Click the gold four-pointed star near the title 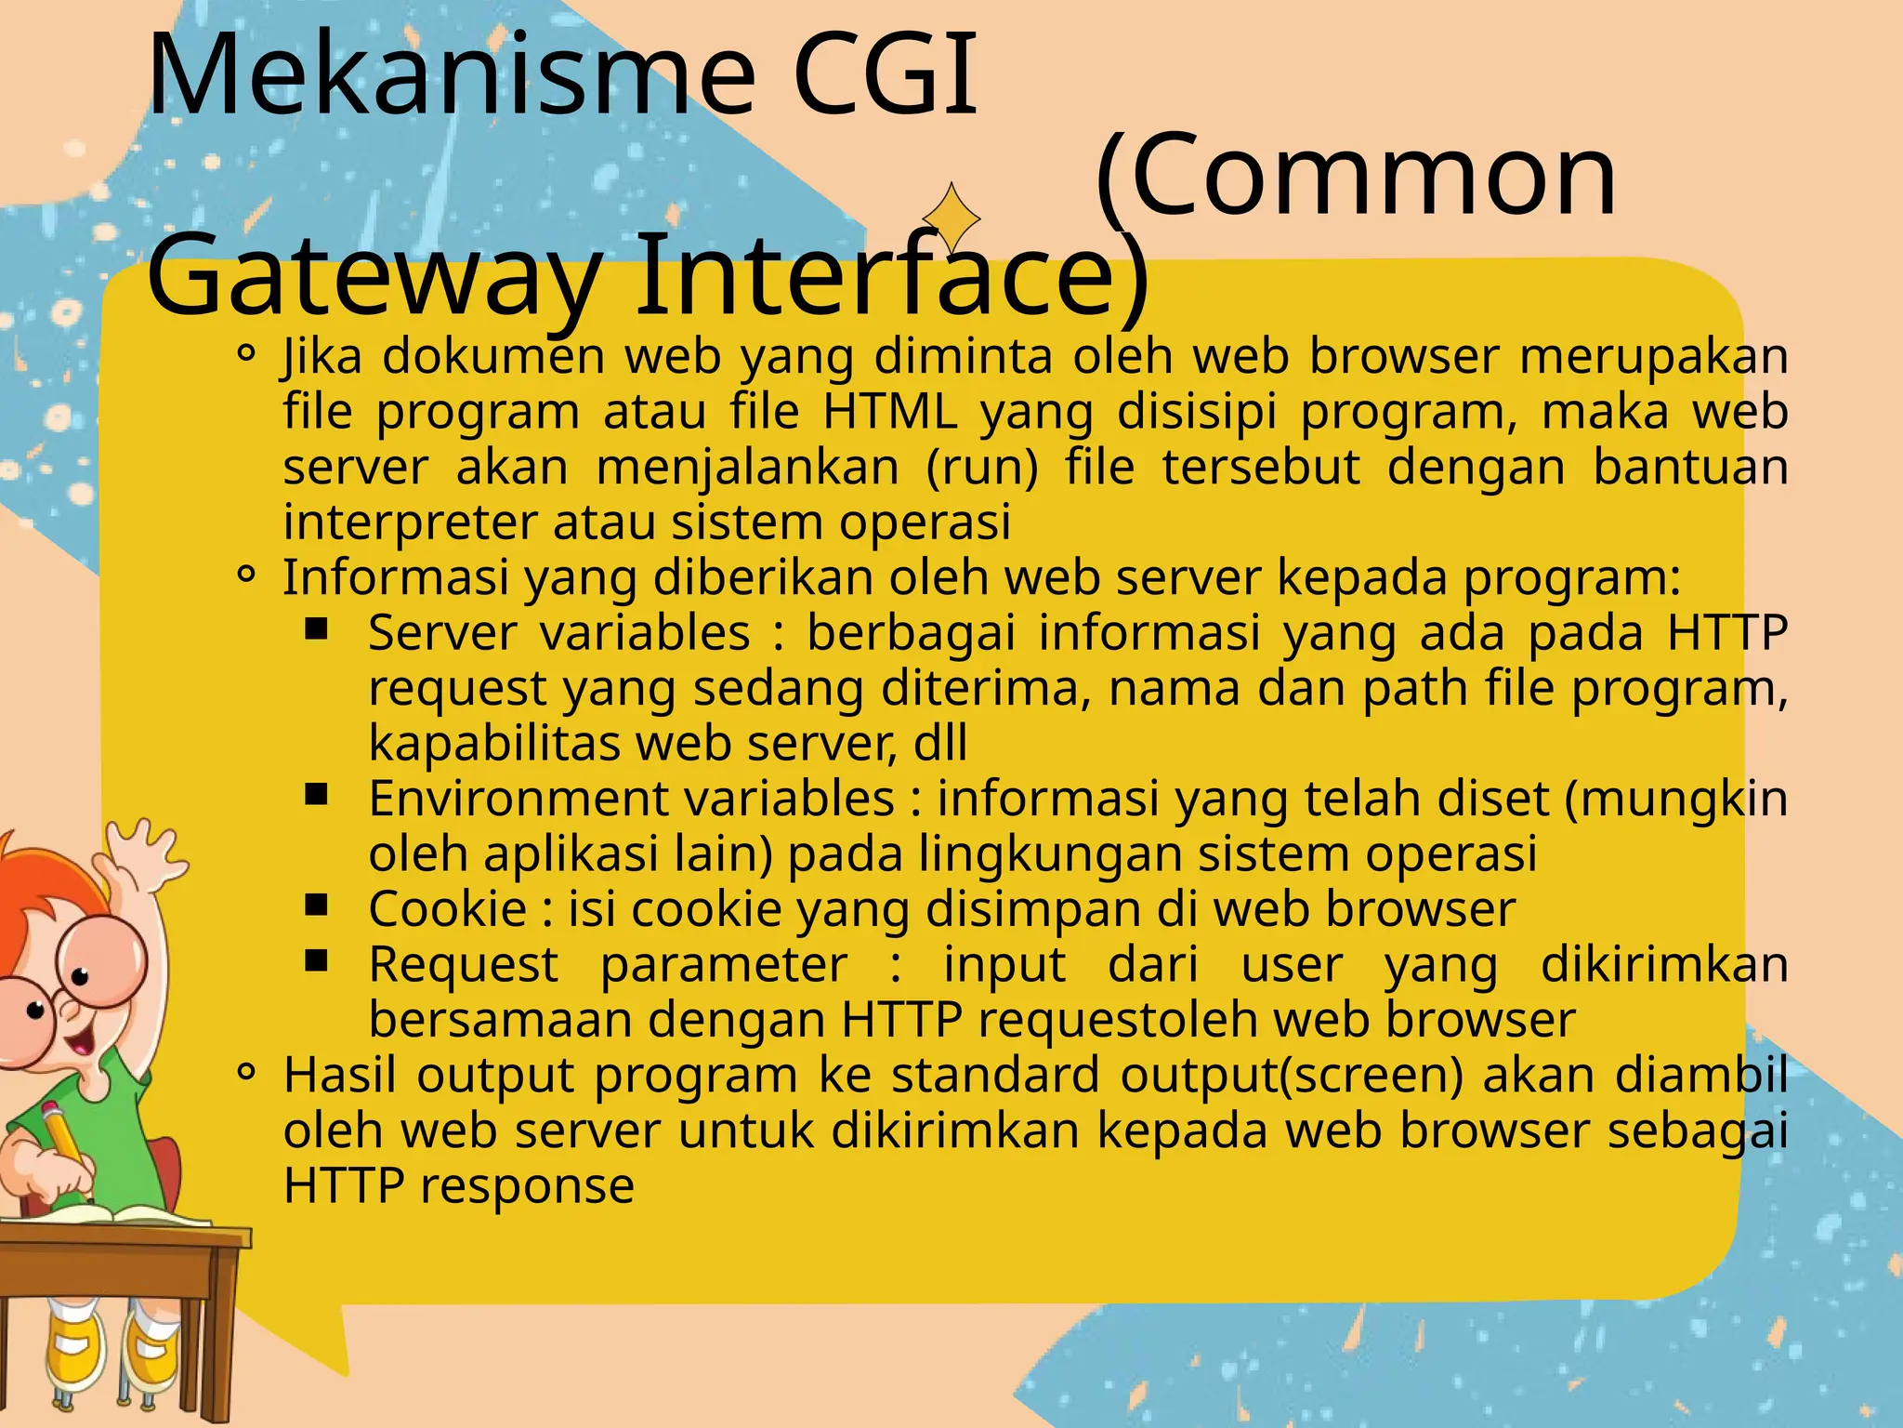click(951, 218)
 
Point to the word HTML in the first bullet click(890, 412)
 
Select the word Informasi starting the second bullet click(395, 577)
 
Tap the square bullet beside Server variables click(317, 629)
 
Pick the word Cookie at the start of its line click(447, 908)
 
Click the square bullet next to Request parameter click(317, 959)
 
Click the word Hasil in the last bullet click(339, 1075)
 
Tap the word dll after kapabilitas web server click(940, 744)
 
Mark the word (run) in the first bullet click(982, 468)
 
